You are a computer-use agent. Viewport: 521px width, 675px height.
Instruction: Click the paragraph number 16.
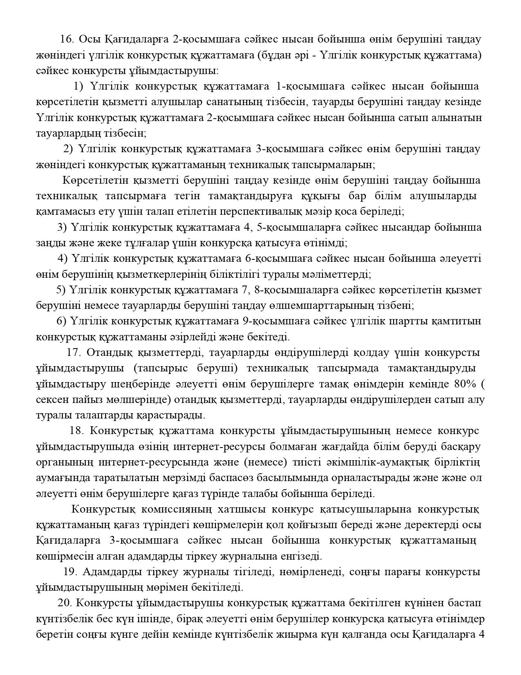click(67, 39)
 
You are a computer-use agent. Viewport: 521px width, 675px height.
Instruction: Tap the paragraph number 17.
click(73, 353)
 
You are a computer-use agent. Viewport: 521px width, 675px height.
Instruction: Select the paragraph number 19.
click(70, 571)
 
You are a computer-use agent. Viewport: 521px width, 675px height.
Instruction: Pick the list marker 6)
click(62, 321)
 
